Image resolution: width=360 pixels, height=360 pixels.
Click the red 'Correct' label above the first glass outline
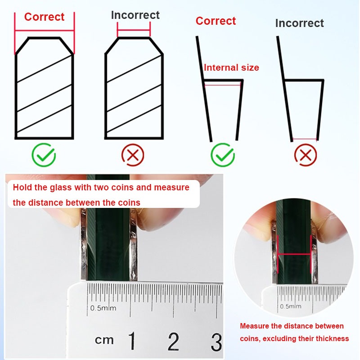pyautogui.click(x=44, y=17)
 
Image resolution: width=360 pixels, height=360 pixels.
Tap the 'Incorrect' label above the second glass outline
pyautogui.click(x=135, y=15)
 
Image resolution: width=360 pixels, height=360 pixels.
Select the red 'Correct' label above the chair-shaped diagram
pyautogui.click(x=216, y=21)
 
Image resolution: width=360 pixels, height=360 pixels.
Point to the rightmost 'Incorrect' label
pyautogui.click(x=299, y=23)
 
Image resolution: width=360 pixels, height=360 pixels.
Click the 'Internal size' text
pyautogui.click(x=231, y=67)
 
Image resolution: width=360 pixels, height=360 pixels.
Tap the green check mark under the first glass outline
pyautogui.click(x=44, y=155)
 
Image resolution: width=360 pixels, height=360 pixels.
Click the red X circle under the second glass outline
pyautogui.click(x=133, y=155)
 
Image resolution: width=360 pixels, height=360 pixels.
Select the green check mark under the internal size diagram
pyautogui.click(x=222, y=155)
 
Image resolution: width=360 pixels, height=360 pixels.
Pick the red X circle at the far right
pyautogui.click(x=306, y=155)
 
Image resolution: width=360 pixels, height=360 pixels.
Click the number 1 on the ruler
pyautogui.click(x=132, y=341)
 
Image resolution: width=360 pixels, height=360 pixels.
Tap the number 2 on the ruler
pyautogui.click(x=173, y=341)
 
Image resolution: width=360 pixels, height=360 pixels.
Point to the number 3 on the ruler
pyautogui.click(x=216, y=342)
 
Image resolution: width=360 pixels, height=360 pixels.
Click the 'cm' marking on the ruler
pyautogui.click(x=104, y=340)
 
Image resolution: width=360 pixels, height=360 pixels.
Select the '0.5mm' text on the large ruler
pyautogui.click(x=103, y=308)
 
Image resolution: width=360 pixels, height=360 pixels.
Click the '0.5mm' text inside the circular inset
pyautogui.click(x=290, y=306)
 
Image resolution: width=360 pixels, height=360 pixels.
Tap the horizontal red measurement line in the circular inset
pyautogui.click(x=294, y=254)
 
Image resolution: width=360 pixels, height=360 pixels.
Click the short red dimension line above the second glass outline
pyautogui.click(x=134, y=30)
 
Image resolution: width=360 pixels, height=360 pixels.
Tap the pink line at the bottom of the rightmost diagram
pyautogui.click(x=305, y=139)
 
